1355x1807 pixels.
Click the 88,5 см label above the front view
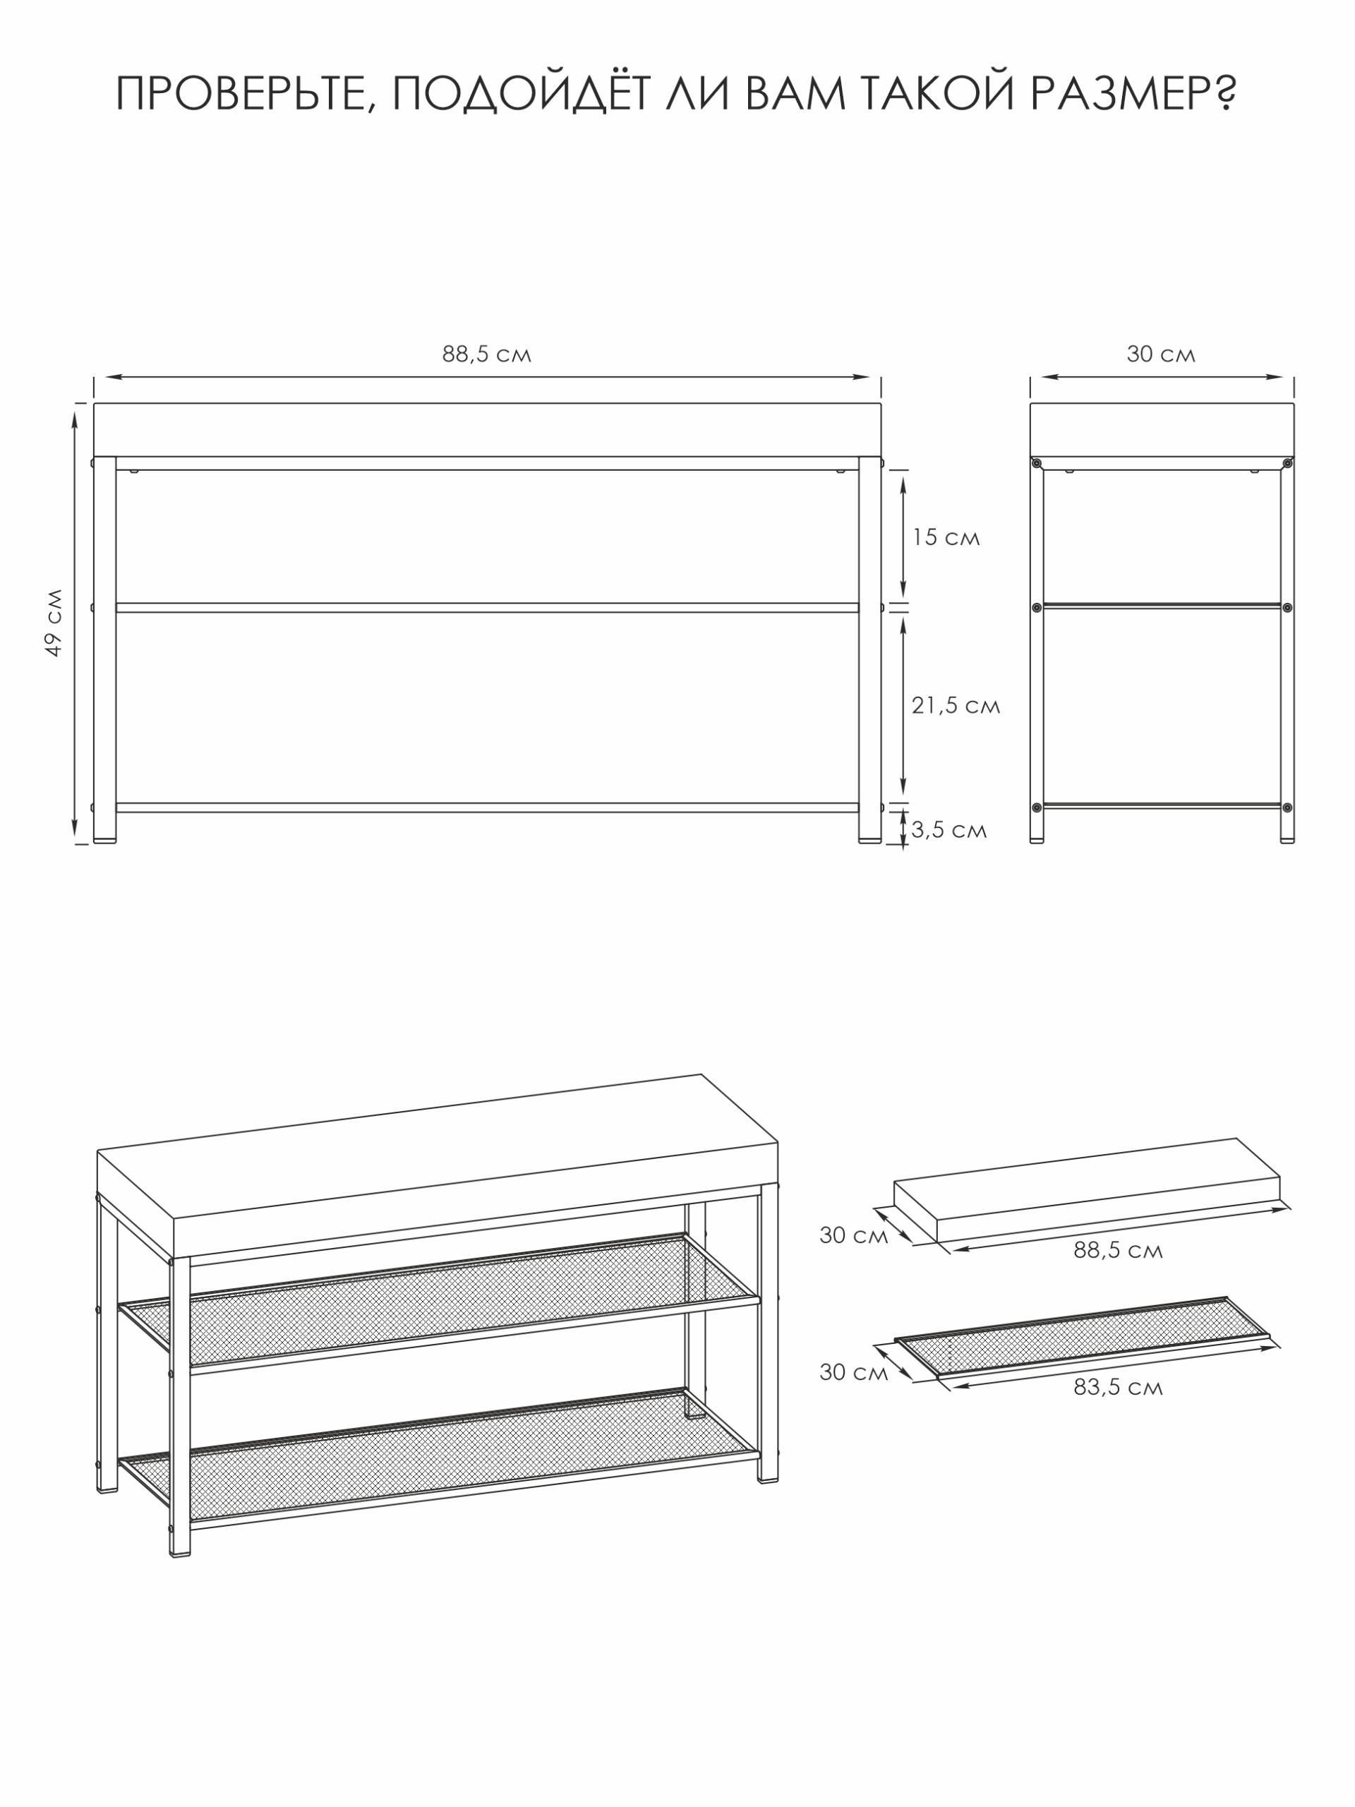[487, 354]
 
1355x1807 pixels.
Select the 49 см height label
[54, 622]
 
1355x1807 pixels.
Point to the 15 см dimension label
[946, 538]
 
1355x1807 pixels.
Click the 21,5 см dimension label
[956, 706]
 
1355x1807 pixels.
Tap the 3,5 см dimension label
[949, 830]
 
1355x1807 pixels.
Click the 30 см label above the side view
[1161, 354]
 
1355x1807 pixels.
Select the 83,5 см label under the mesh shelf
[1118, 1387]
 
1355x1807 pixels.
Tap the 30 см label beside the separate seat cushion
[853, 1235]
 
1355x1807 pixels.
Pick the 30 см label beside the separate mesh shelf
[853, 1372]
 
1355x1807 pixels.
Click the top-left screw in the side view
[1037, 463]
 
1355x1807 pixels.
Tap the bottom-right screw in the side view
[1287, 808]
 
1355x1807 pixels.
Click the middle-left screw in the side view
[1037, 608]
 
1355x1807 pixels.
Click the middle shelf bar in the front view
[487, 608]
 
